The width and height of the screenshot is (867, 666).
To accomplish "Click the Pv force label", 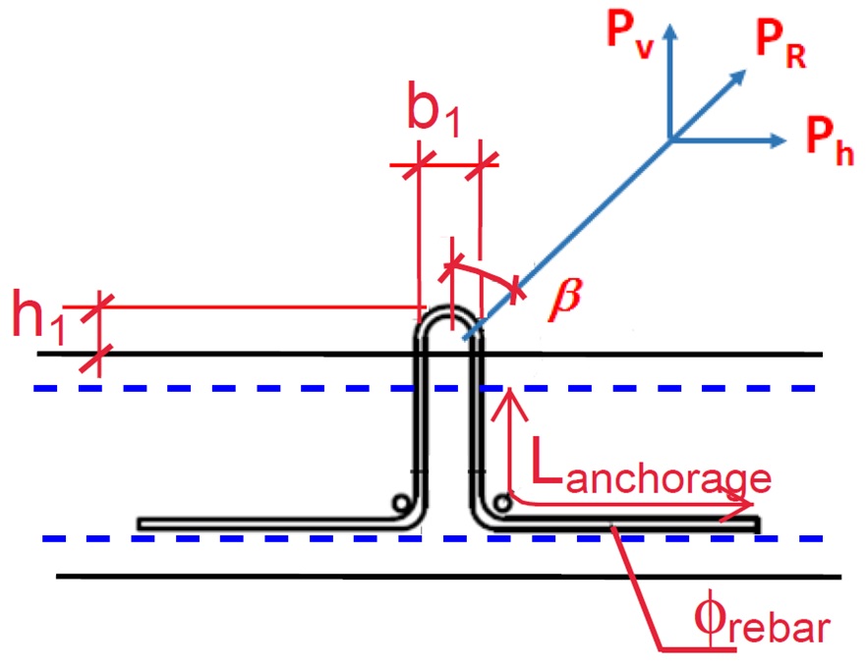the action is [x=630, y=33].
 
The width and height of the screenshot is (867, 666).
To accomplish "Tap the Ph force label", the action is [x=829, y=140].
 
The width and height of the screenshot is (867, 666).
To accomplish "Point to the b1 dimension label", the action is [x=433, y=108].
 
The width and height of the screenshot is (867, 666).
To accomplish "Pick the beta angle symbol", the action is [x=565, y=300].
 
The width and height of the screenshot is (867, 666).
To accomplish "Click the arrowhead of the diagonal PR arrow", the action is [x=739, y=77].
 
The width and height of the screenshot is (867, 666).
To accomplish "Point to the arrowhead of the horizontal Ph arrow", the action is [x=778, y=140].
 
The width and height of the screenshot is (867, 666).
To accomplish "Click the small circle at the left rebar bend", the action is [x=401, y=504].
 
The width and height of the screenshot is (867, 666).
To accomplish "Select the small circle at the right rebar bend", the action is [x=502, y=504].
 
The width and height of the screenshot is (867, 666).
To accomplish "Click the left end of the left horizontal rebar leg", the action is [x=139, y=524].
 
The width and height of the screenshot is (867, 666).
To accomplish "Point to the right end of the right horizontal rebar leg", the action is [x=758, y=525].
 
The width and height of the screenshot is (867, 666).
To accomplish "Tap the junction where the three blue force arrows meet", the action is [x=670, y=140].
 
